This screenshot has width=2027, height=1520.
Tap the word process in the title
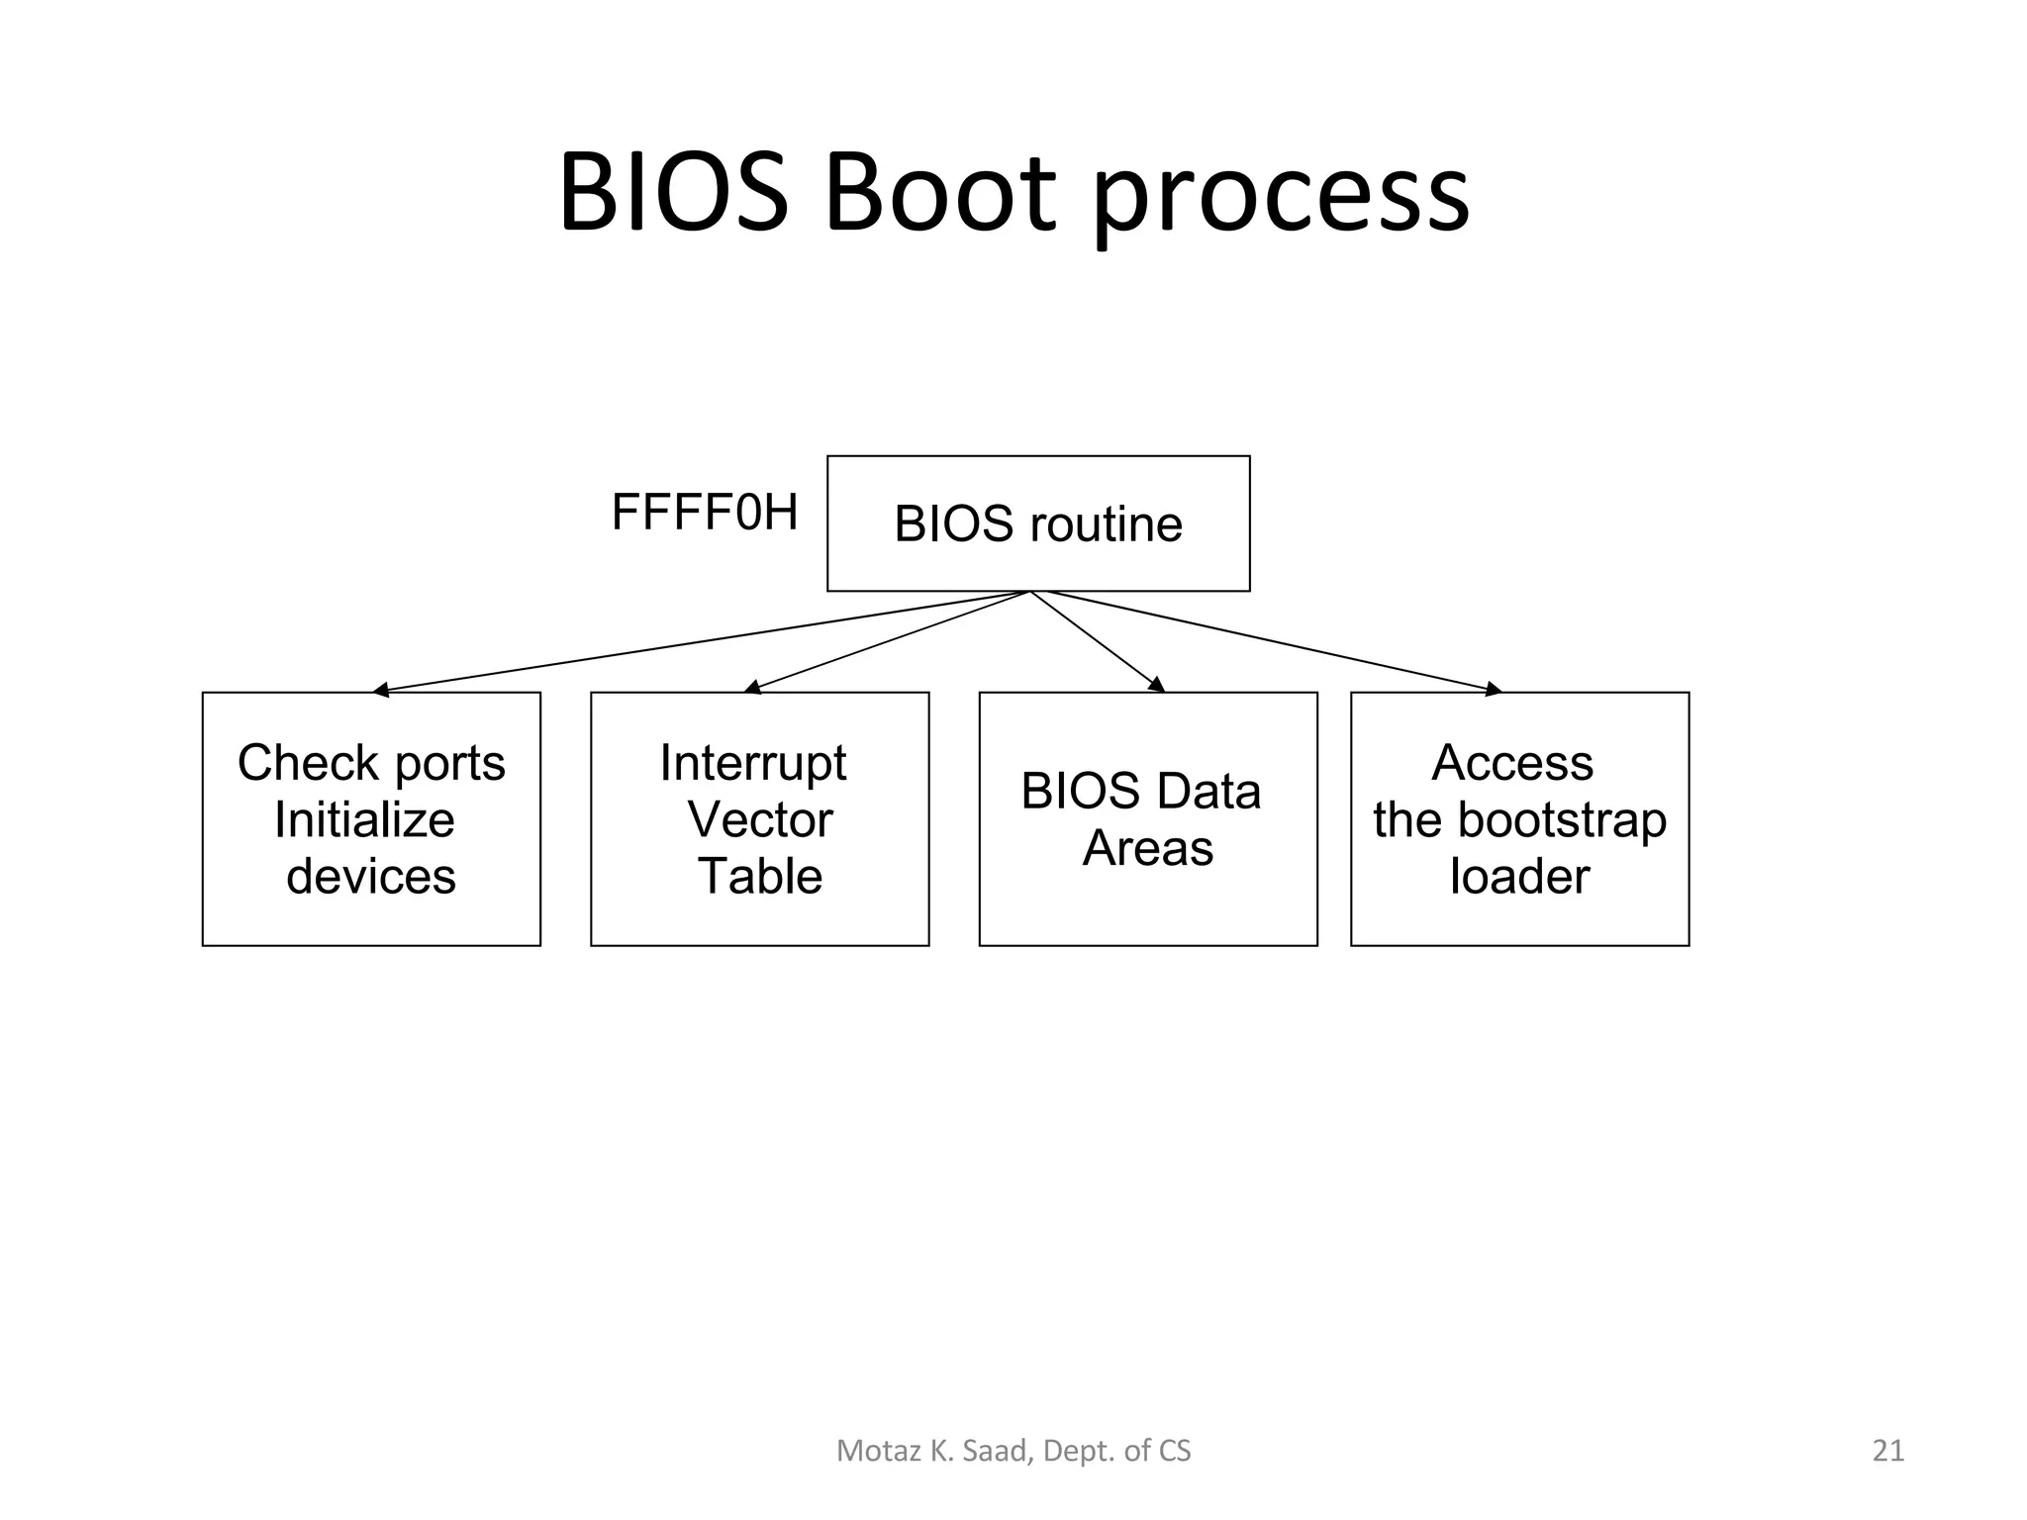[1281, 198]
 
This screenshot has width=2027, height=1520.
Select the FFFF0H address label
[704, 513]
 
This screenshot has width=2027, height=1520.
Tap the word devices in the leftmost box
[371, 877]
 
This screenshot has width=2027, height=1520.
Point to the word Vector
[759, 819]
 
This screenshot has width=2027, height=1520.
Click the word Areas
[1148, 848]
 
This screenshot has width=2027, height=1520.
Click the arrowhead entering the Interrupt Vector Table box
[751, 688]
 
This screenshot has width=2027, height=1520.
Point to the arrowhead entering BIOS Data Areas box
[1156, 685]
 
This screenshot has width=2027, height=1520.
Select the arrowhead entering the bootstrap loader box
[1494, 690]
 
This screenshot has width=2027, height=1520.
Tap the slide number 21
[1888, 1451]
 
